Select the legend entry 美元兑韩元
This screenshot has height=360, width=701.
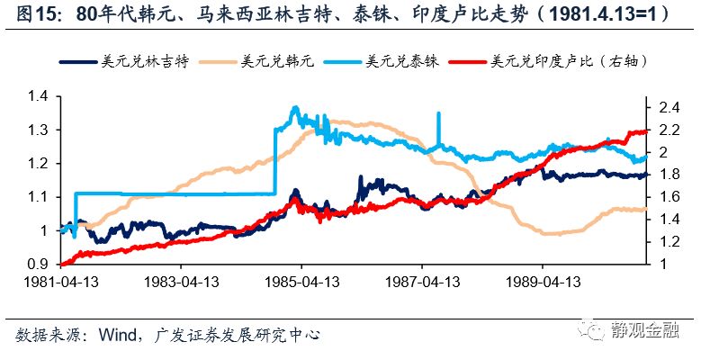(272, 62)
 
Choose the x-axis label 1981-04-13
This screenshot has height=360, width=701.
(61, 281)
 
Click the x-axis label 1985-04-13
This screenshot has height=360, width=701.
(302, 281)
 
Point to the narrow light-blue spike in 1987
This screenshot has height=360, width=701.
(438, 126)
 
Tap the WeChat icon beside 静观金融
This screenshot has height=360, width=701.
(594, 329)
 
